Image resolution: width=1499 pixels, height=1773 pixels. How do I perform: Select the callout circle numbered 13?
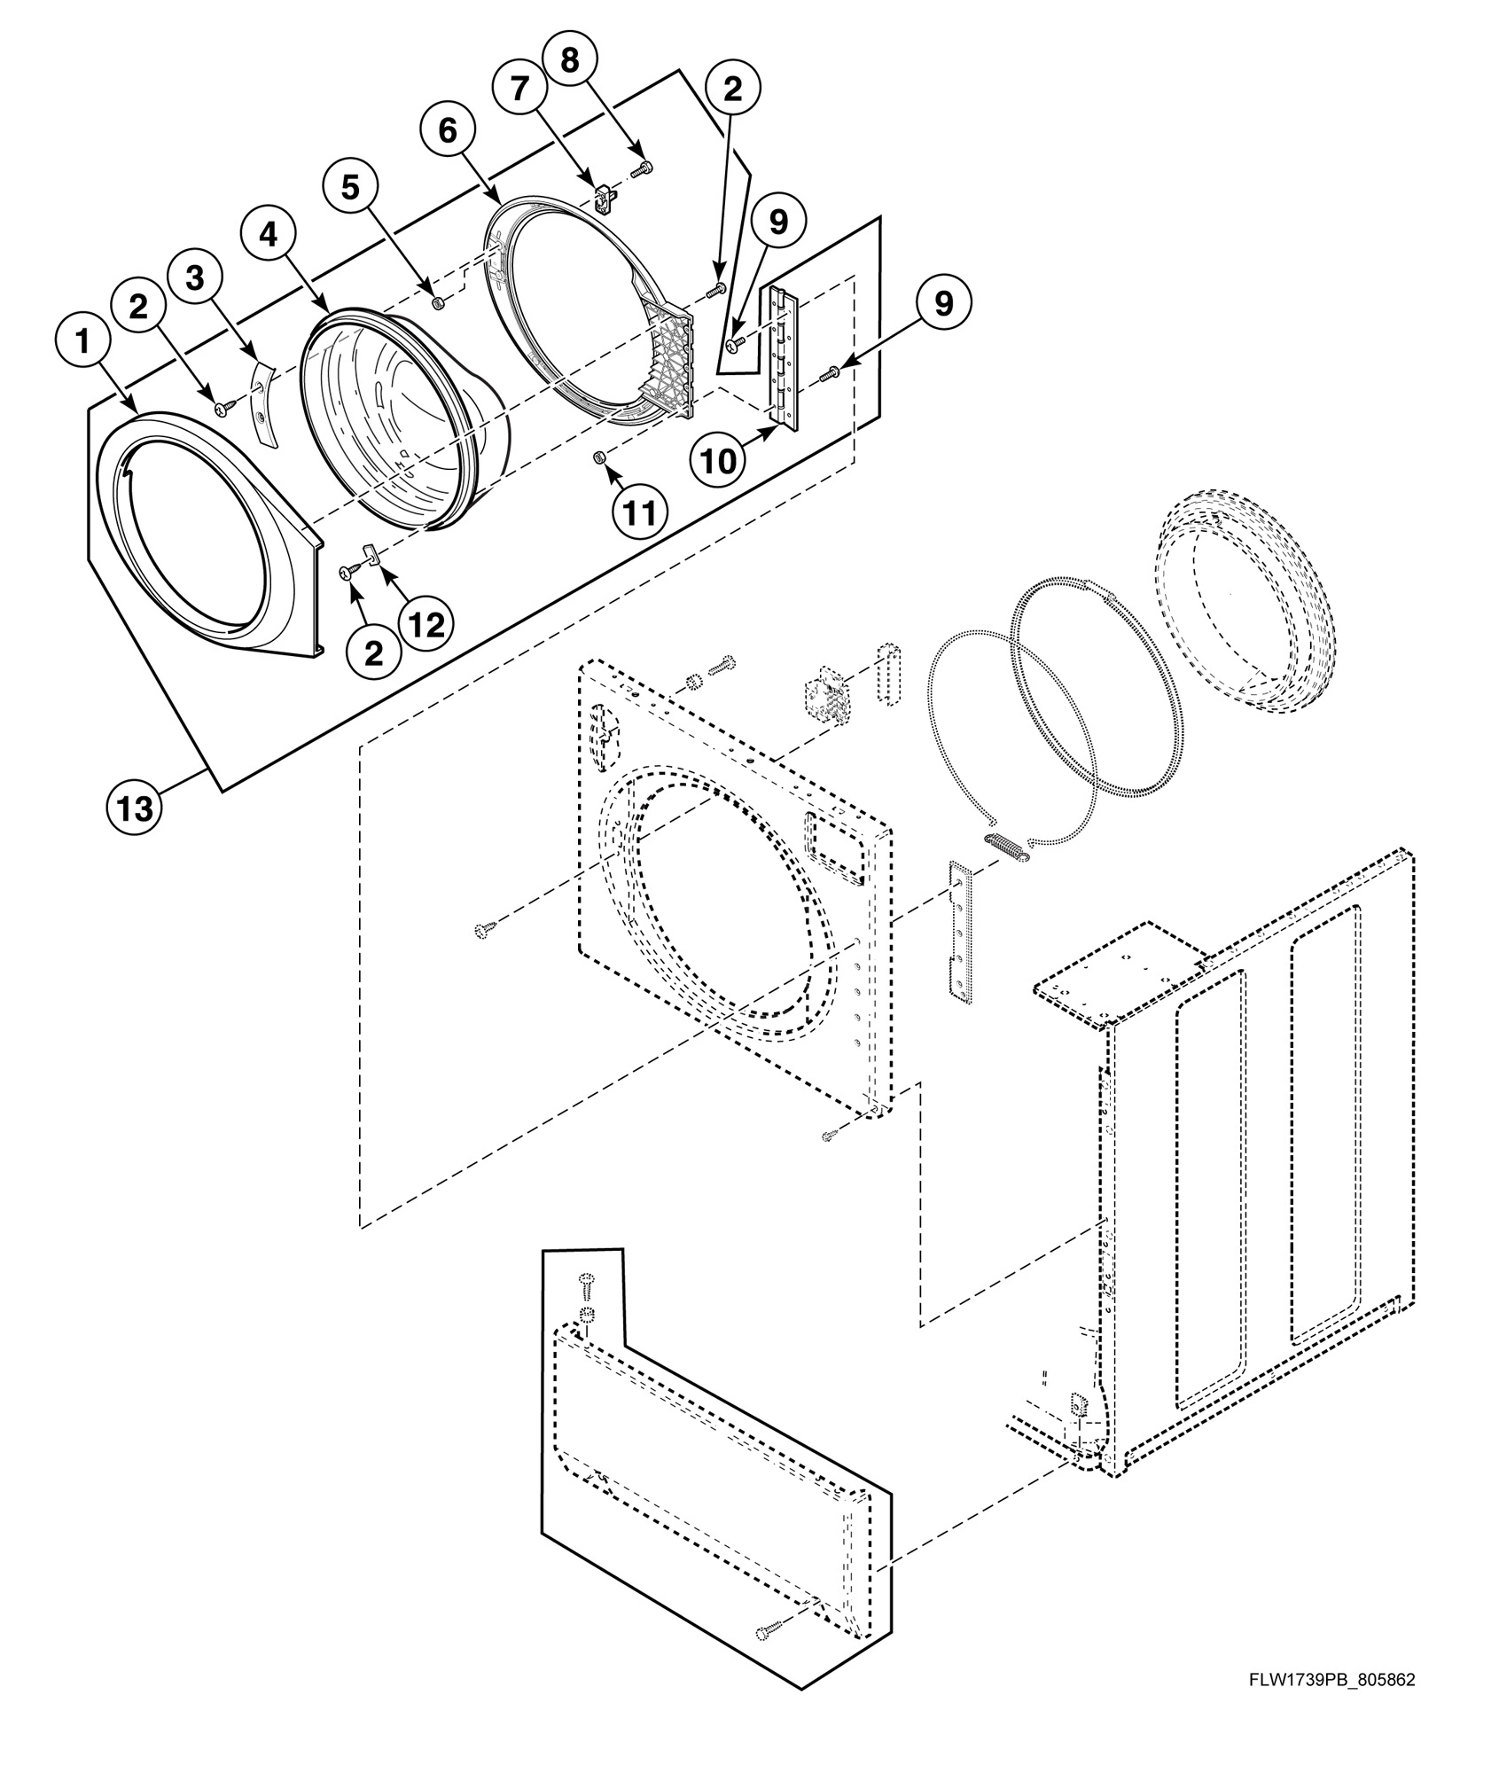point(134,808)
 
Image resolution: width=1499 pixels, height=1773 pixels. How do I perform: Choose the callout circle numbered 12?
point(426,624)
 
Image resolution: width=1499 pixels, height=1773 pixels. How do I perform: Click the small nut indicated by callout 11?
point(598,457)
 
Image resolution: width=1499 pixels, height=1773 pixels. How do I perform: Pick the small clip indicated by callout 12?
point(372,556)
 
